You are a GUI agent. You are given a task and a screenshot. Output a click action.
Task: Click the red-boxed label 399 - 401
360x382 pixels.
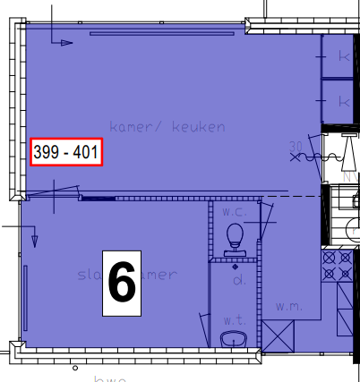[x=65, y=152]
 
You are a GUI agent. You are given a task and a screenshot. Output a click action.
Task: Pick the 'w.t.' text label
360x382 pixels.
[x=234, y=318]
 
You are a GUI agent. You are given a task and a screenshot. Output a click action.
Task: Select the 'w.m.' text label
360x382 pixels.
[x=287, y=307]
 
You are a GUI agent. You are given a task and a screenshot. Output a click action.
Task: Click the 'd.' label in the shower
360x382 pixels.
[x=240, y=281]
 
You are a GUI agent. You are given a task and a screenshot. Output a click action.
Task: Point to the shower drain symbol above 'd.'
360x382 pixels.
[x=235, y=266]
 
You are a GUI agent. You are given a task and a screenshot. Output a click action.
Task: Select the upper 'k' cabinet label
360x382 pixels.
[x=343, y=55]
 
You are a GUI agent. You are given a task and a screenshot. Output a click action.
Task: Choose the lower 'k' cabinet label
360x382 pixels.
[x=343, y=102]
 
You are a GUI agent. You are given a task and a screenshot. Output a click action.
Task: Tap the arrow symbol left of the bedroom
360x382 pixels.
[x=34, y=238]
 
